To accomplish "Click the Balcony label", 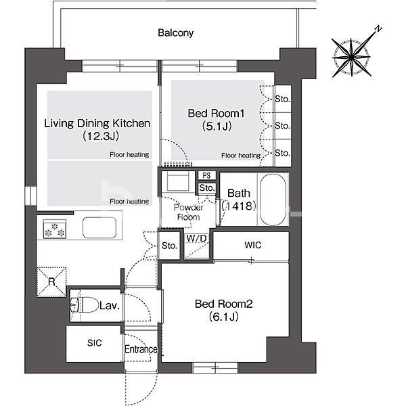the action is point(175,33).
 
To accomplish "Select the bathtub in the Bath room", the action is point(273,200).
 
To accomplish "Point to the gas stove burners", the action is point(55,229).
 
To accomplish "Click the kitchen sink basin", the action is point(99,227).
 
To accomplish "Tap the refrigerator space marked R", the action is point(52,281).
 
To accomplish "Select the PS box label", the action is point(206,175).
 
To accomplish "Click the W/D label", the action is point(196,238).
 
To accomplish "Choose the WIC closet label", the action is point(252,245).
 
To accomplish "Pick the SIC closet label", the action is point(95,343).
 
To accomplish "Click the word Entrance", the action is point(141,349).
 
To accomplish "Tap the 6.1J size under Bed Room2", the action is point(224,317).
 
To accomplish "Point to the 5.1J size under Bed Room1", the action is point(217,127).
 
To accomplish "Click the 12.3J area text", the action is point(101,136).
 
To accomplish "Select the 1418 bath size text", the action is point(239,206).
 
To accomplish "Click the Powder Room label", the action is point(189,212).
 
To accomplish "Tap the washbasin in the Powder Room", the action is point(178,181).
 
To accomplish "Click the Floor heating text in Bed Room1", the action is point(241,156).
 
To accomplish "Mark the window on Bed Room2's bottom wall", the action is point(215,367).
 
